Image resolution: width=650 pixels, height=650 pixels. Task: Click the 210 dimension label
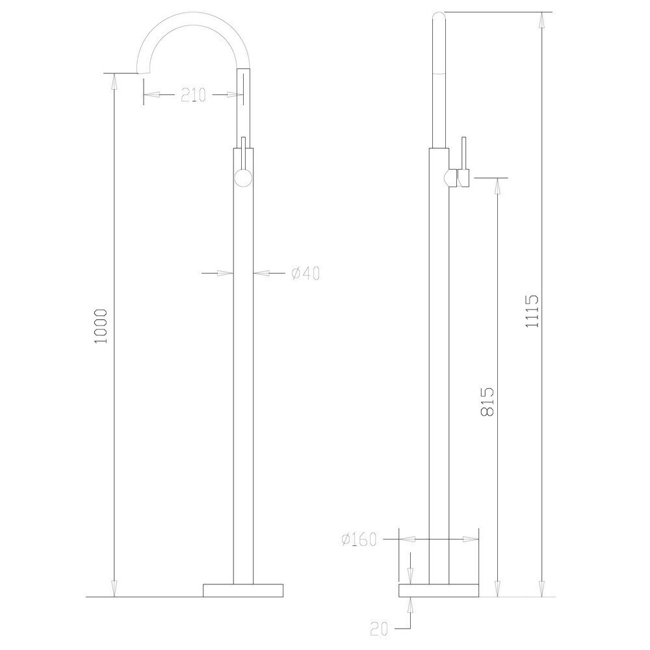(x=193, y=96)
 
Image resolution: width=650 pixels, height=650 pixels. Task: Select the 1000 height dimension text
(x=101, y=326)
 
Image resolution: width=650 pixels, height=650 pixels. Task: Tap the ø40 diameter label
(x=305, y=274)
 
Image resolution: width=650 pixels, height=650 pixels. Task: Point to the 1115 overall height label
(x=532, y=311)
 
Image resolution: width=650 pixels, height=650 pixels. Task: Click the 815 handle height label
(x=487, y=401)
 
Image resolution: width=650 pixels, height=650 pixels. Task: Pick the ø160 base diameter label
(x=359, y=539)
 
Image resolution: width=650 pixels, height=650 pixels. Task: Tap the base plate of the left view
(x=243, y=591)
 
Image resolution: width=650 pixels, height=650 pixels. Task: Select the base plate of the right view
(x=439, y=591)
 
